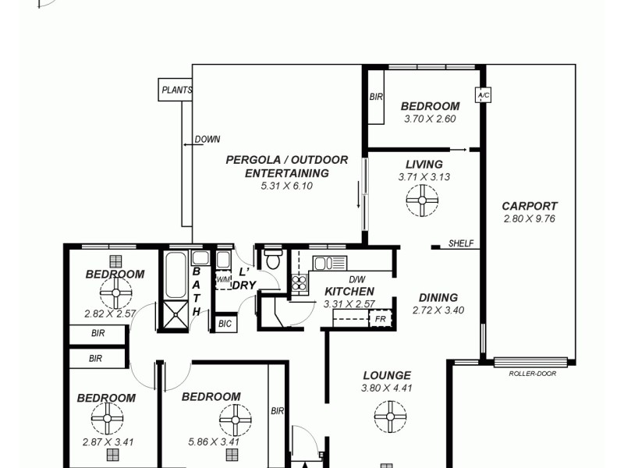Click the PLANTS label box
176,90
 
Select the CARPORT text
530,207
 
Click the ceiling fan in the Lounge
389,417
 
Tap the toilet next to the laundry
272,259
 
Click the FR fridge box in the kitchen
380,319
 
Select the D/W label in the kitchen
356,279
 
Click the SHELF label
461,243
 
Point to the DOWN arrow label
206,140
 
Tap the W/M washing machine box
223,279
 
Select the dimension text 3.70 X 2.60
430,119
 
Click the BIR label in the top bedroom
375,97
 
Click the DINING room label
438,297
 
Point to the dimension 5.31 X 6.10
286,186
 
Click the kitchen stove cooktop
300,283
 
